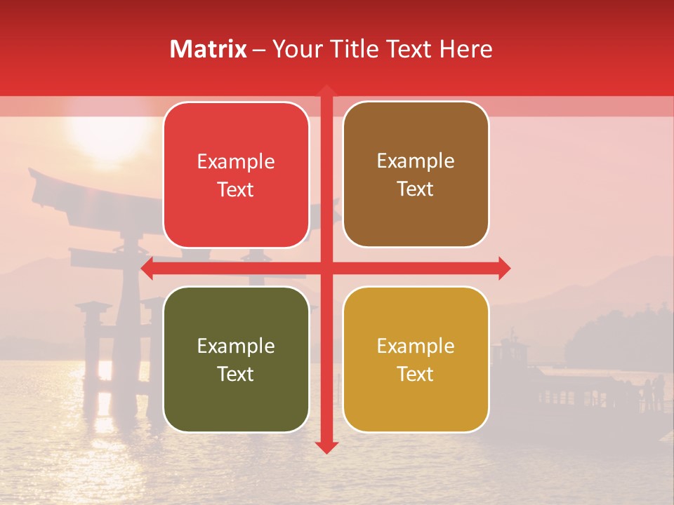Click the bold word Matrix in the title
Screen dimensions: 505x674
tap(209, 49)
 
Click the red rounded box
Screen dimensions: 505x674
tap(236, 175)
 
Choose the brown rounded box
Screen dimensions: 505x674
tap(416, 175)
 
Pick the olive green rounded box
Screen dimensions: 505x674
tap(236, 360)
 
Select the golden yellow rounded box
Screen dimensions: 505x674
tap(416, 360)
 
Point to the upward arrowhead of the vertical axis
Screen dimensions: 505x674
tap(326, 91)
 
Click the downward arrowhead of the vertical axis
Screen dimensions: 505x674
tap(326, 446)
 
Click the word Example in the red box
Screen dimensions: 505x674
tap(236, 162)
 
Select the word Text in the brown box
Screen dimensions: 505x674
tap(416, 189)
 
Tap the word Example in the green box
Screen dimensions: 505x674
tap(236, 346)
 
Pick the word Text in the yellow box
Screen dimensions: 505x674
tap(416, 374)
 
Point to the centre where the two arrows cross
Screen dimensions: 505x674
tap(326, 268)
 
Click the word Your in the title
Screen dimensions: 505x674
tap(297, 49)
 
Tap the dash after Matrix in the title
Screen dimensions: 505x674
tap(259, 50)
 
